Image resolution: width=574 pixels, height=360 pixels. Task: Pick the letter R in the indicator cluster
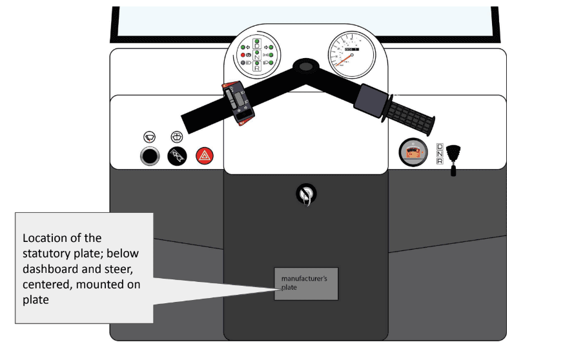pyautogui.click(x=257, y=67)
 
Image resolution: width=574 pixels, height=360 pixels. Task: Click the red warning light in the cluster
pyautogui.click(x=243, y=55)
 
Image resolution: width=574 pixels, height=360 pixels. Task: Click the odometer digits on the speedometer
pyautogui.click(x=351, y=49)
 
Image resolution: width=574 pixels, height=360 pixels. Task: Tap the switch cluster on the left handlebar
pyautogui.click(x=239, y=102)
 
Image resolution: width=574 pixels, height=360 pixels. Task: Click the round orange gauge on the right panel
pyautogui.click(x=412, y=154)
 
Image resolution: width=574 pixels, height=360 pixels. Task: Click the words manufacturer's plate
pyautogui.click(x=305, y=283)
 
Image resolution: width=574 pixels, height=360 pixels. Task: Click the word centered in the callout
pyautogui.click(x=46, y=283)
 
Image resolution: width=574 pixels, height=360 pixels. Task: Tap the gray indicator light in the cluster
pyautogui.click(x=243, y=63)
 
